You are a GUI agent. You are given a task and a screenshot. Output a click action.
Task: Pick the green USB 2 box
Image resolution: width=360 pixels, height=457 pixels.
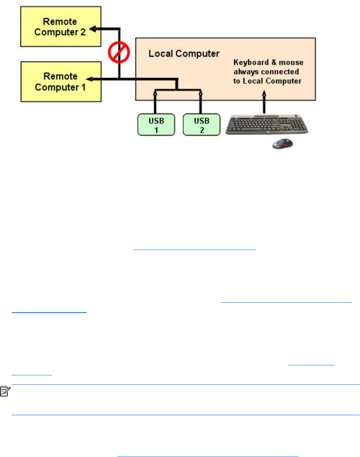201,125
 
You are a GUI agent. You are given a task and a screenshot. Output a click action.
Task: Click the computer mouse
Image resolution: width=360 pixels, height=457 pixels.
281,144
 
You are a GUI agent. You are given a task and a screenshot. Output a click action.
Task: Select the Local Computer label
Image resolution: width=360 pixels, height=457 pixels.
184,53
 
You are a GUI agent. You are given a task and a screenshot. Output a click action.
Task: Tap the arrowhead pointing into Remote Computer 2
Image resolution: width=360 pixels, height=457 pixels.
93,28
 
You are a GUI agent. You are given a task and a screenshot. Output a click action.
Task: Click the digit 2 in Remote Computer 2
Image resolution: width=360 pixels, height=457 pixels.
83,32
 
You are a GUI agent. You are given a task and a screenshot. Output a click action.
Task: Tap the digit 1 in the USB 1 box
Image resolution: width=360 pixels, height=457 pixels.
156,130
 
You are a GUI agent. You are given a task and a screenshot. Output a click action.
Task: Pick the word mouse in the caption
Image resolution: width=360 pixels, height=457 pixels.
293,63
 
